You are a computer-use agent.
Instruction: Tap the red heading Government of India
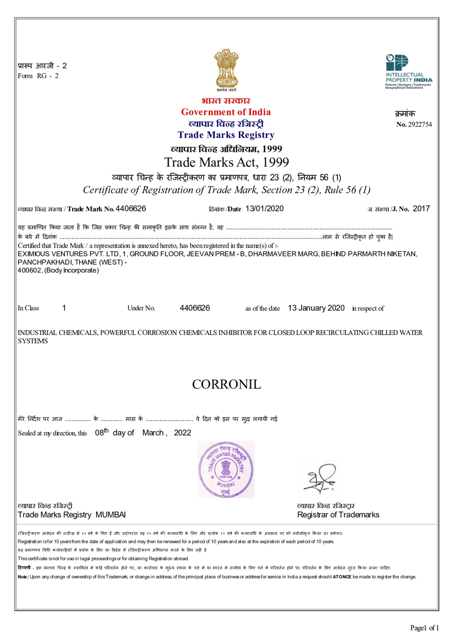(225, 112)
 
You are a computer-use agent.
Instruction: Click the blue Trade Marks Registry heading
(225, 135)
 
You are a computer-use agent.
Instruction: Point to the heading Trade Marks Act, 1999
(226, 161)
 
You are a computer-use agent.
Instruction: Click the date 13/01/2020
(264, 209)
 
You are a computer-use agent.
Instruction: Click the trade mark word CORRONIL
(226, 385)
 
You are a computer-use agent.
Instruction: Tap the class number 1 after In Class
(64, 308)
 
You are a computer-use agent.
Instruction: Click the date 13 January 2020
(316, 308)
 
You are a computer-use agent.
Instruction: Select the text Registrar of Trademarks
(338, 515)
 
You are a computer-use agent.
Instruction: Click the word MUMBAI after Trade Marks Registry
(110, 515)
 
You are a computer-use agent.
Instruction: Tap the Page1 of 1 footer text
(425, 627)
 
